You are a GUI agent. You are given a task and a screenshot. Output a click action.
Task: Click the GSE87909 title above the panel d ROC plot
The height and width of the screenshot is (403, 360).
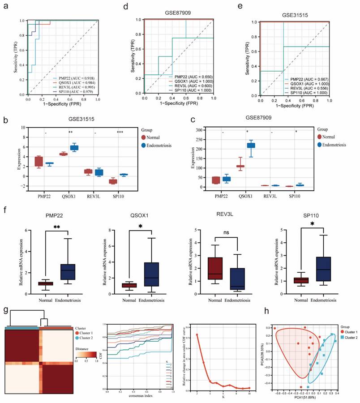[x=178, y=13]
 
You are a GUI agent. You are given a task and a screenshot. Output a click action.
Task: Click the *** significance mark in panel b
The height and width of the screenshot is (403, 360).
[x=120, y=132]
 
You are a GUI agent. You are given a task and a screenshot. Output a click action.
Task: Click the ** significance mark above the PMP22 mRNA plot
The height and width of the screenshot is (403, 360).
[x=56, y=227]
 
